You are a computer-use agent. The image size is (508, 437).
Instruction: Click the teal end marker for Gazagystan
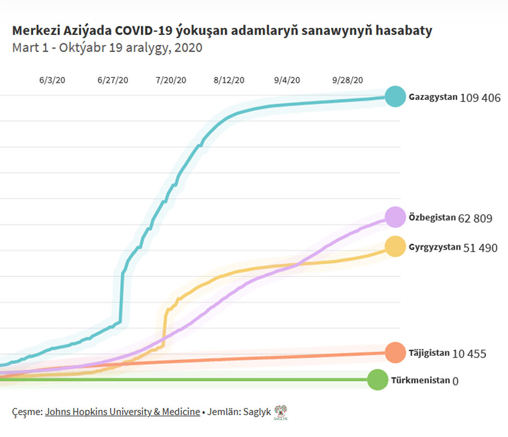click(396, 96)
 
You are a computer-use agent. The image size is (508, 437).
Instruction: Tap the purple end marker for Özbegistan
click(396, 217)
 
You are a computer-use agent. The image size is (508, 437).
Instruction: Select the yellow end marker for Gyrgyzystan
click(396, 246)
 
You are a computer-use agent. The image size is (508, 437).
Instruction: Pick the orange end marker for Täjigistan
click(396, 352)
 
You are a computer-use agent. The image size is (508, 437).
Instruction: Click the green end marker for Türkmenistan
click(377, 379)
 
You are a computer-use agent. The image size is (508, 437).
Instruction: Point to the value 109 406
click(480, 98)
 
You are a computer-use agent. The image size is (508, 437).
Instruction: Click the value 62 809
click(475, 218)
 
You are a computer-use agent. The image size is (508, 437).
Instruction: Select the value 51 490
click(480, 248)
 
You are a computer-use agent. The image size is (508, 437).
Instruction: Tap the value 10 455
click(469, 354)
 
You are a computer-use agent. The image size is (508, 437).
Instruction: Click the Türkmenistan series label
click(421, 380)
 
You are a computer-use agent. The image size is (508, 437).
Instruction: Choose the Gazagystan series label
click(433, 97)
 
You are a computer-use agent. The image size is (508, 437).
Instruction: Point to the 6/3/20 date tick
click(52, 80)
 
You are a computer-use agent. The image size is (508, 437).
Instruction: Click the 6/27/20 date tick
click(113, 80)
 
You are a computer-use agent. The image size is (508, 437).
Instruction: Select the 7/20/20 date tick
click(171, 80)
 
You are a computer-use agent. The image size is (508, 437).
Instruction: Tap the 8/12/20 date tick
click(229, 80)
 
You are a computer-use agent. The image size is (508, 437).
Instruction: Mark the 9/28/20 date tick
click(348, 80)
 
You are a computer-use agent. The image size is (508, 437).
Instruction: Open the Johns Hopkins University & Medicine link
click(122, 412)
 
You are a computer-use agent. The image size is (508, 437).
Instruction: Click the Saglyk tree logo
click(281, 412)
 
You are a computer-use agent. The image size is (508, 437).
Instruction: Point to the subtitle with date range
click(107, 48)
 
